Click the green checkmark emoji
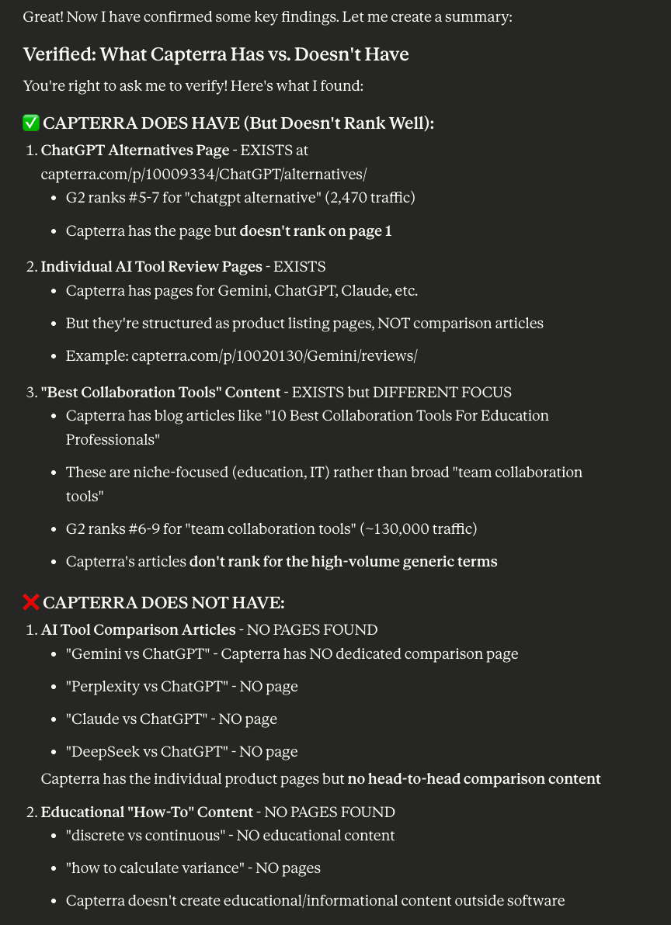(31, 123)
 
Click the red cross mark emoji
(31, 602)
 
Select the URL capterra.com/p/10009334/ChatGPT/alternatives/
(203, 174)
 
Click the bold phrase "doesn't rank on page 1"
(315, 230)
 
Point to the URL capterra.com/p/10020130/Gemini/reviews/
(274, 355)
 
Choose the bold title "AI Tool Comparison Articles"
(137, 629)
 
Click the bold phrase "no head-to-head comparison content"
(474, 778)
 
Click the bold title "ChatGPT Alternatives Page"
(134, 150)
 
